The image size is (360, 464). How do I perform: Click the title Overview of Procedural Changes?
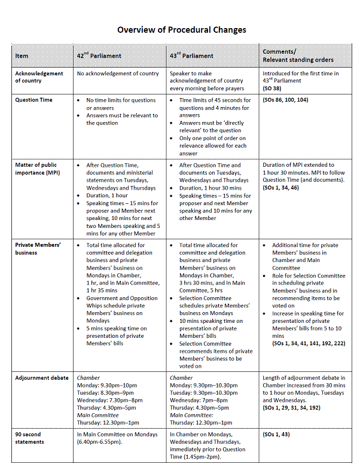[181, 29]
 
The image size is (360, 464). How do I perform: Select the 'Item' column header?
[22, 56]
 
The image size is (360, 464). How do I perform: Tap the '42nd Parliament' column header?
[99, 56]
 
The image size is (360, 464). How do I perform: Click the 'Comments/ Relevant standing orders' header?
[298, 56]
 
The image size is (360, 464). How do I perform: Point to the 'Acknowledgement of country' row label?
[39, 77]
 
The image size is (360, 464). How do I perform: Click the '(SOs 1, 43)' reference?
[277, 434]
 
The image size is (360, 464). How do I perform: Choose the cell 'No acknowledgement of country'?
[118, 74]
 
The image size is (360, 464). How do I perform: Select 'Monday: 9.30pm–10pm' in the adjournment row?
[106, 385]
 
